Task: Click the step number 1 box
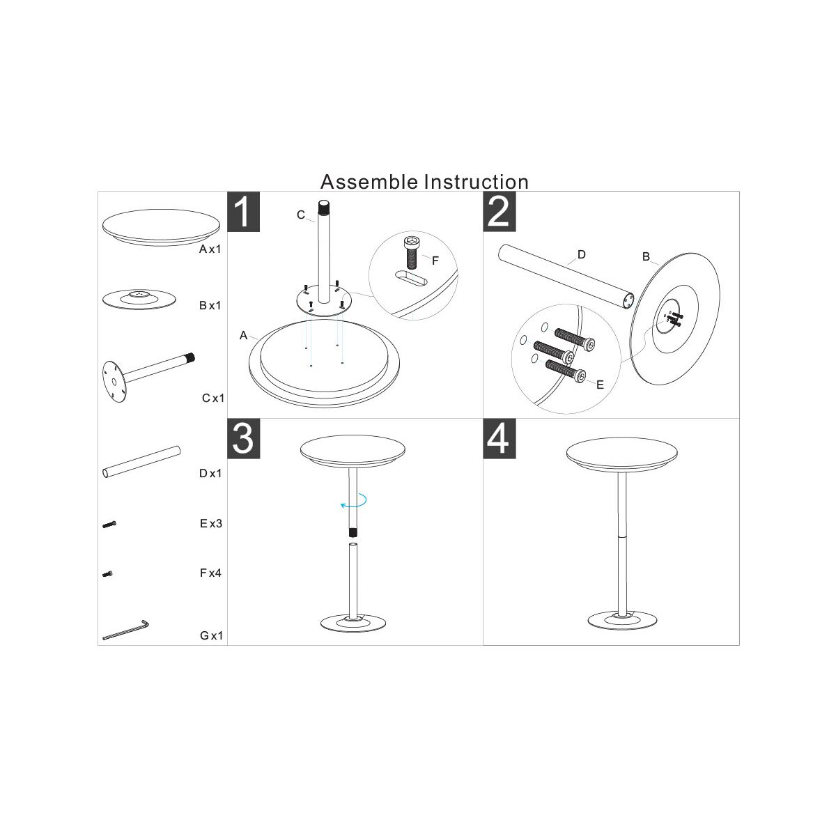pyautogui.click(x=243, y=212)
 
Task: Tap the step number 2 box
pyautogui.click(x=500, y=212)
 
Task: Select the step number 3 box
pyautogui.click(x=243, y=439)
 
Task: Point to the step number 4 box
pyautogui.click(x=500, y=439)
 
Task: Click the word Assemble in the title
pyautogui.click(x=369, y=182)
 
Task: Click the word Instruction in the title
pyautogui.click(x=477, y=182)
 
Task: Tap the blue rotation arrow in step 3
pyautogui.click(x=353, y=500)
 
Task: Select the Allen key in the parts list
pyautogui.click(x=125, y=630)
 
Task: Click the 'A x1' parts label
pyautogui.click(x=210, y=249)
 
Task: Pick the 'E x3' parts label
pyautogui.click(x=211, y=524)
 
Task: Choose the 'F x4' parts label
pyautogui.click(x=210, y=573)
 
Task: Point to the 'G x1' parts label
pyautogui.click(x=211, y=635)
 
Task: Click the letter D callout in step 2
pyautogui.click(x=582, y=255)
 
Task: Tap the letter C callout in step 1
pyautogui.click(x=301, y=215)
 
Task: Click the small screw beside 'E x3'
pyautogui.click(x=109, y=525)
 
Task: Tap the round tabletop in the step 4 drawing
pyautogui.click(x=621, y=455)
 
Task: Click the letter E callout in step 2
pyautogui.click(x=600, y=385)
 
